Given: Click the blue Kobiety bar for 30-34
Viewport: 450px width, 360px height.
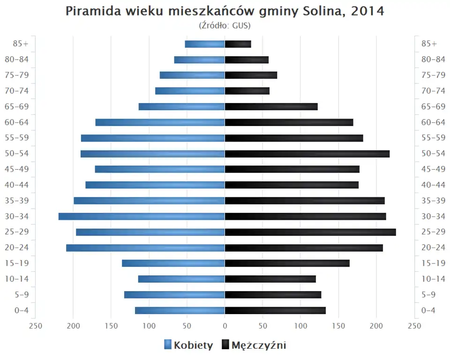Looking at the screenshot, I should point(142,216).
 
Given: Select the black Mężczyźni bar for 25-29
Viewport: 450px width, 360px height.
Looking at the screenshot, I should point(310,232).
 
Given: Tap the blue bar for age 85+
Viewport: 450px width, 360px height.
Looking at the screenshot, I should point(205,44).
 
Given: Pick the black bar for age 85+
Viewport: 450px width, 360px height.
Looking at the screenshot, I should point(238,44).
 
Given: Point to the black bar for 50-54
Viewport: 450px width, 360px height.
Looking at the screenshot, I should point(307,154).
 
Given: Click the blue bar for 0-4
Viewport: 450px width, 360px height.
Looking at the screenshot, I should point(180,310).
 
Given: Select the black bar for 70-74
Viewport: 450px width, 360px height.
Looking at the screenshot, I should point(247,91).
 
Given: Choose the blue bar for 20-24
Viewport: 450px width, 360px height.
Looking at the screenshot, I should point(145,247).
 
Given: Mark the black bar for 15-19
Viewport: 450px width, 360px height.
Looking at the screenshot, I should point(287,263).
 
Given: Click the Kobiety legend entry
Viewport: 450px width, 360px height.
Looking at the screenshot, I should point(188,345).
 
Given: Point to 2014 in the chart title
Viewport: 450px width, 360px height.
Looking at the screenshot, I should point(367,11).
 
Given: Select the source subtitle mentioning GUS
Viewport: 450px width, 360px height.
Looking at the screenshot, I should point(225,25).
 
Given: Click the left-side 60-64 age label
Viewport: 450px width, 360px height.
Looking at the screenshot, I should point(17,122).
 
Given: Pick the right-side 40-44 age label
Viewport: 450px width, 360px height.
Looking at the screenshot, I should point(433,185).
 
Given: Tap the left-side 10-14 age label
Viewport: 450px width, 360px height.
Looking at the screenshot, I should point(17,279).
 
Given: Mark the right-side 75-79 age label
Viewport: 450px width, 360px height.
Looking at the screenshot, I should point(433,75).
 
